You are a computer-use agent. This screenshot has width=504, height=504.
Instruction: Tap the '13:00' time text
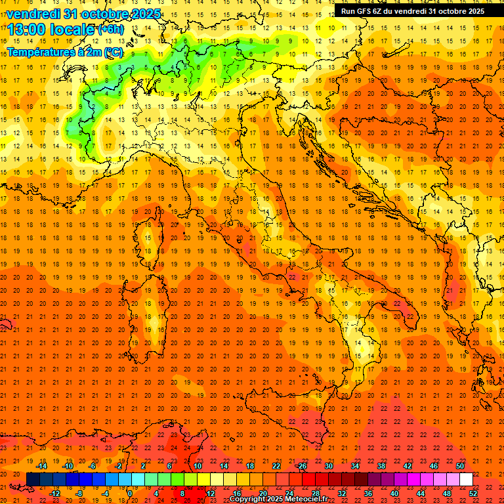(x=26, y=30)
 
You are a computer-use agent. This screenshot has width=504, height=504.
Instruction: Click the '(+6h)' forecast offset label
(x=110, y=30)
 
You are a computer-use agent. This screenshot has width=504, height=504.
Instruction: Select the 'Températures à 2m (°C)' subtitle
(x=64, y=52)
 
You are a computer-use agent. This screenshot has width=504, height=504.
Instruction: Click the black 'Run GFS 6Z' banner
(x=412, y=11)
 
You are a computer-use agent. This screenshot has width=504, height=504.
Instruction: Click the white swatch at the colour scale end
(x=466, y=479)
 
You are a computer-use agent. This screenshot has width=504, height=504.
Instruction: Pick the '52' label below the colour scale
(x=473, y=493)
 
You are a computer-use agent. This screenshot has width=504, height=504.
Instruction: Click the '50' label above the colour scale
(x=459, y=466)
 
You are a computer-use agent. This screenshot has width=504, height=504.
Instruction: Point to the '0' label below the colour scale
(x=129, y=493)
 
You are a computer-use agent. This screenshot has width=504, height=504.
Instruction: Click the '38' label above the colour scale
(x=381, y=466)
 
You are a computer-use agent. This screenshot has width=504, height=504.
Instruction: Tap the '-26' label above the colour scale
(x=301, y=466)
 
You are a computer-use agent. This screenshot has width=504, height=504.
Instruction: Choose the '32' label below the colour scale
(x=341, y=493)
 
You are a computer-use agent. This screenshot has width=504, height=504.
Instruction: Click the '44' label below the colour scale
(x=420, y=493)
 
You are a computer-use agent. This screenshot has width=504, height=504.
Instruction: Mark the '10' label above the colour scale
(x=197, y=466)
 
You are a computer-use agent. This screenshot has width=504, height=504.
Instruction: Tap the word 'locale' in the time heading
(x=70, y=30)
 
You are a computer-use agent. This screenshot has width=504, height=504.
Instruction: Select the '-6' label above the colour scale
(x=92, y=466)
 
